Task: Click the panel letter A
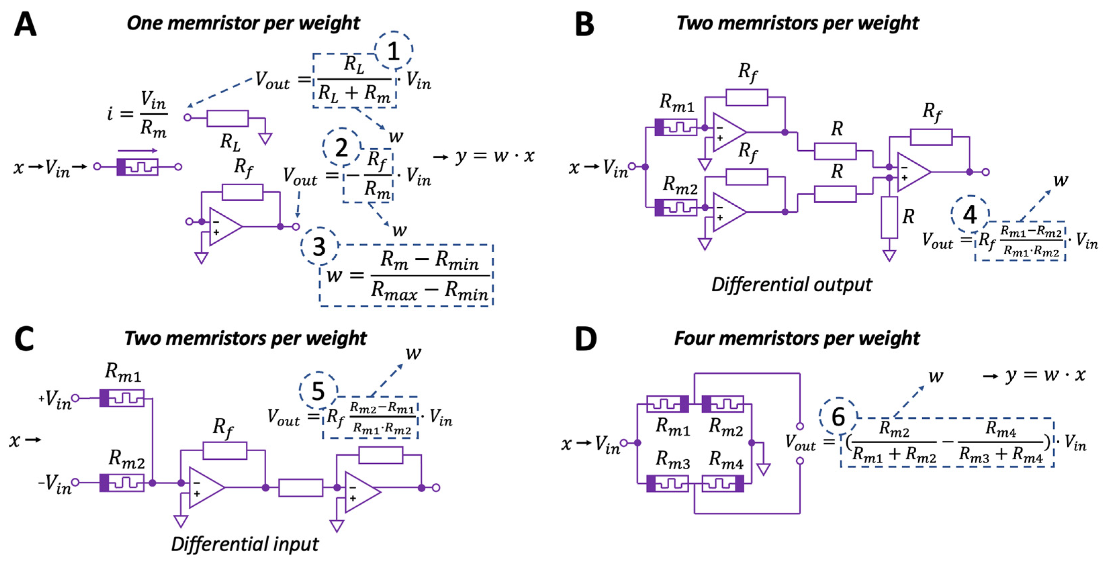click(25, 24)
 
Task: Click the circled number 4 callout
click(969, 214)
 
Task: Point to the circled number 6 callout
click(838, 417)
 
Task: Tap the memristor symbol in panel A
click(137, 167)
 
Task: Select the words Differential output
click(791, 285)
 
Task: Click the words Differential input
click(245, 544)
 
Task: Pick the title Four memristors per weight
click(797, 338)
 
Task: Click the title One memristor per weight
click(243, 23)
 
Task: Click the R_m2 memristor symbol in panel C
click(122, 483)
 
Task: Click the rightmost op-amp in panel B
click(912, 172)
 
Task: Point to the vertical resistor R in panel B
click(889, 217)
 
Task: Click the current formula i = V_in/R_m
click(137, 114)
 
